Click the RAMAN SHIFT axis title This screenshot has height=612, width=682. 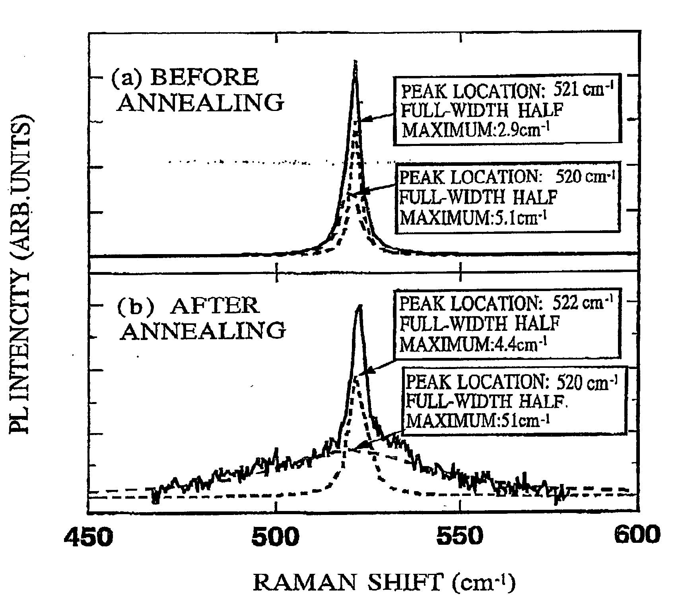[x=384, y=583]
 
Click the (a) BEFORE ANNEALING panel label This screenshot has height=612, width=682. [x=198, y=90]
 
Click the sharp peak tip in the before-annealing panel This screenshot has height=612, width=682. [x=355, y=61]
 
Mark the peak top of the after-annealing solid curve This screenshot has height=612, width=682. [x=359, y=305]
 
